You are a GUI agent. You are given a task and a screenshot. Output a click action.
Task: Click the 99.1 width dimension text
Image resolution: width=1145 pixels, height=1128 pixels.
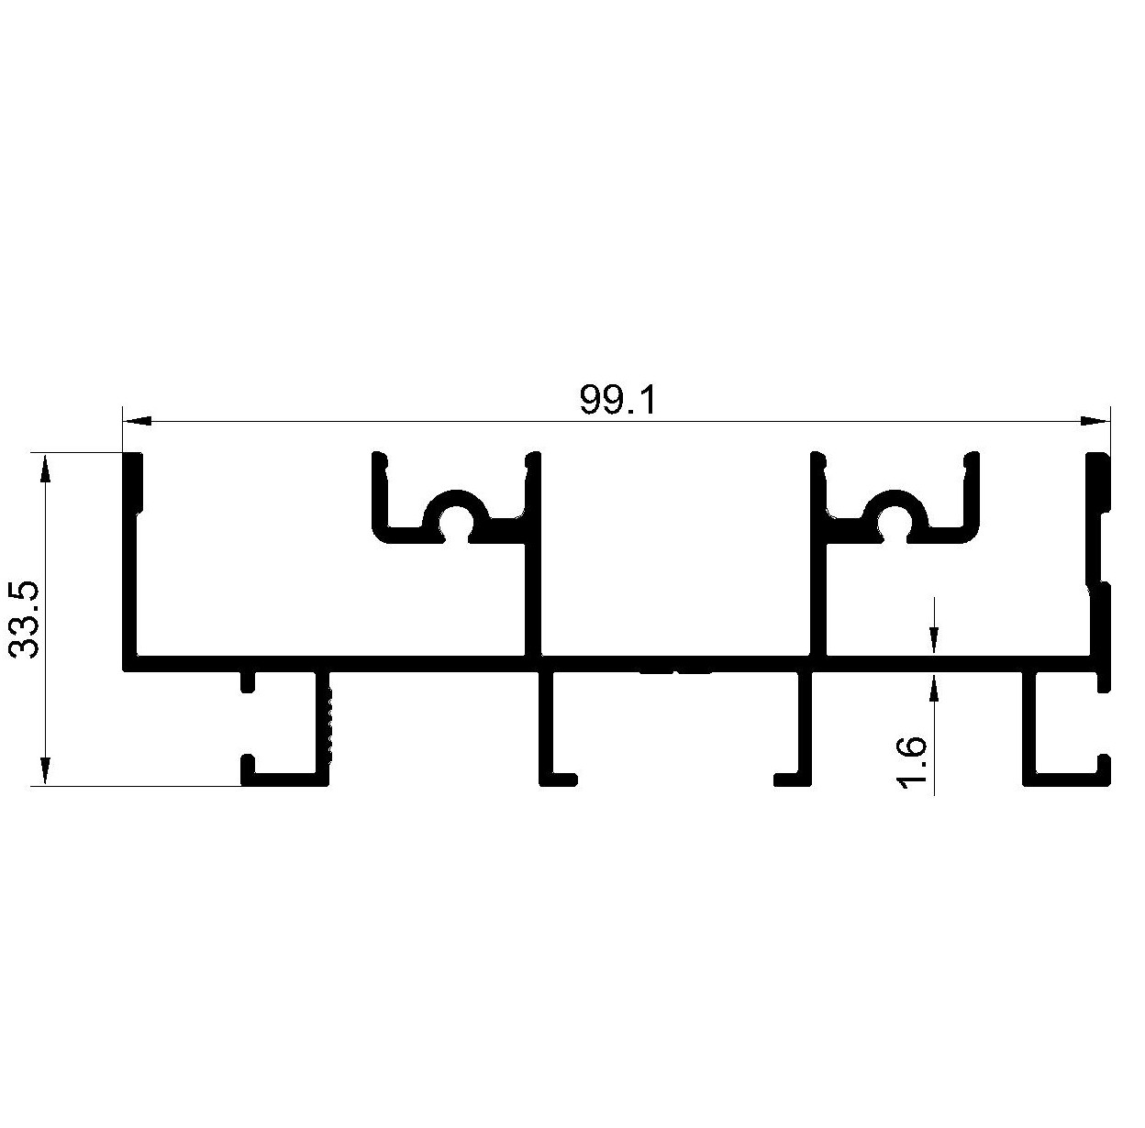pos(617,401)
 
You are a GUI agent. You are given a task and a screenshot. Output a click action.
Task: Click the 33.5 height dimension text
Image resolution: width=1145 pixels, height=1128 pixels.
pos(26,620)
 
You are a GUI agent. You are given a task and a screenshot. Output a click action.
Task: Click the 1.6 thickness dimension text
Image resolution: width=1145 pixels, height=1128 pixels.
pos(911,763)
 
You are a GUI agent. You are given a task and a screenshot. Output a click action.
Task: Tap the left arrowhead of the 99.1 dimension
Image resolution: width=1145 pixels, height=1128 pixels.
pos(136,422)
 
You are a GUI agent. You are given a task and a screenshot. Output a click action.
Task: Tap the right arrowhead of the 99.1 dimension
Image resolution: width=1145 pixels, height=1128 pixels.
pos(1095,422)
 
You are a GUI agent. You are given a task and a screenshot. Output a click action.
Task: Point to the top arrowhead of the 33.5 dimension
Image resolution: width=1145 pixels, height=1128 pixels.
pos(45,468)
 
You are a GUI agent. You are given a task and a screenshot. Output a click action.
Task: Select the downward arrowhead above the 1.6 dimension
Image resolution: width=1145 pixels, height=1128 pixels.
pos(935,643)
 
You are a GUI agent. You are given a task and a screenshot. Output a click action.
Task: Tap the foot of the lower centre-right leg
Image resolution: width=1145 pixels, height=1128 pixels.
pos(793,780)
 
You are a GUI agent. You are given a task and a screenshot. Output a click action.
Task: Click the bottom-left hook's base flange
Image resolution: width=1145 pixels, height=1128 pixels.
pos(285,780)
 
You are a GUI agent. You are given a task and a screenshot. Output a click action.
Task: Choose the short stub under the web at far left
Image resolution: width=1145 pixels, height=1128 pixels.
pos(249,682)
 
